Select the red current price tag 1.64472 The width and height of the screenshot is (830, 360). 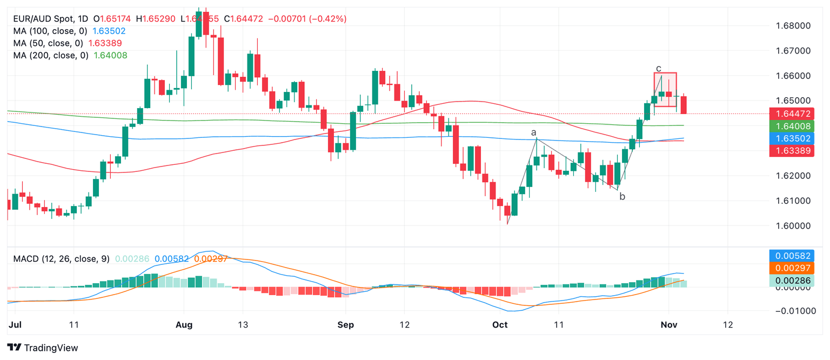(x=792, y=114)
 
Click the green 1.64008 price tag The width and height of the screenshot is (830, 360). (x=792, y=126)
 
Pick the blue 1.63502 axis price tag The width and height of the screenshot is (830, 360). (x=792, y=138)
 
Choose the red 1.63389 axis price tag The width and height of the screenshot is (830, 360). (x=792, y=151)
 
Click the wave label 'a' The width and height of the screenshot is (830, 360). (x=533, y=132)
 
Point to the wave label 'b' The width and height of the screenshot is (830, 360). (x=622, y=197)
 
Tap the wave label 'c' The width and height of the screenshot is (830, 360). (x=658, y=68)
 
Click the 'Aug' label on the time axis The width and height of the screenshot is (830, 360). (x=184, y=325)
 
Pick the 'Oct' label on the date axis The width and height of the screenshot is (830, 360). (x=500, y=325)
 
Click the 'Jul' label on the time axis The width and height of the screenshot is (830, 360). (x=15, y=325)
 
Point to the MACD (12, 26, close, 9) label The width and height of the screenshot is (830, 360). (x=61, y=259)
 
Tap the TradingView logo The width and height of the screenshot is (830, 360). (x=43, y=347)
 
